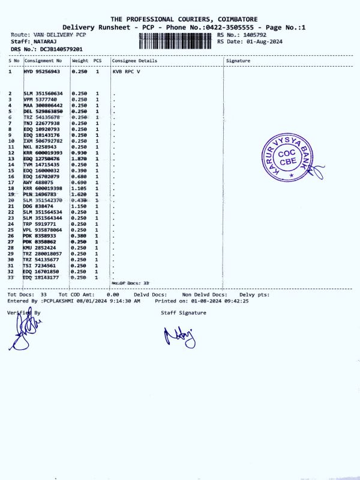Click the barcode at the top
pos(176,40)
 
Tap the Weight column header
pos(80,61)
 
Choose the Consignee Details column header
pos(134,61)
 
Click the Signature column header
pos(238,61)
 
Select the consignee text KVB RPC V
pos(127,71)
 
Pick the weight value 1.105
pos(80,188)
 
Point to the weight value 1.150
pos(80,206)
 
